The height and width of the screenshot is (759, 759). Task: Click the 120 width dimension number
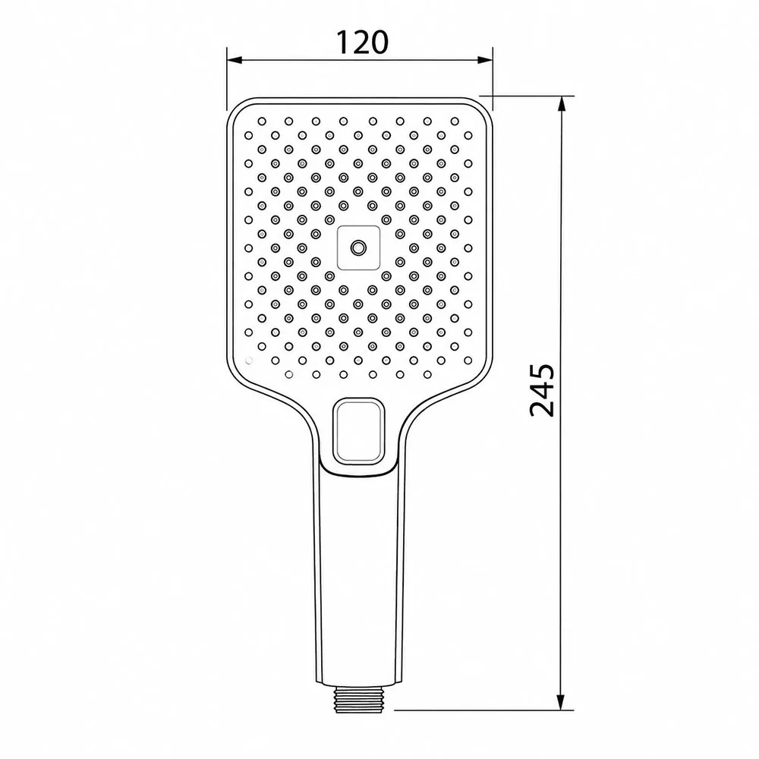pos(363,42)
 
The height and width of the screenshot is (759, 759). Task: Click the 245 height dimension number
pos(542,390)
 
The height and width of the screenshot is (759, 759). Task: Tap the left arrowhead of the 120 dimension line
pos(235,60)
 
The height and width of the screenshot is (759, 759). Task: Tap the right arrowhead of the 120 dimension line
pos(485,60)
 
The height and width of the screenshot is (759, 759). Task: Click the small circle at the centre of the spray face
pos(358,248)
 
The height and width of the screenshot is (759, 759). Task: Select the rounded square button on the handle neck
pos(359,430)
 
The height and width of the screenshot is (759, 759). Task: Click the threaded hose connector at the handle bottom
pos(359,697)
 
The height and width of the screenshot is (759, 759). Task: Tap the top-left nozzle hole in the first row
pos(262,121)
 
